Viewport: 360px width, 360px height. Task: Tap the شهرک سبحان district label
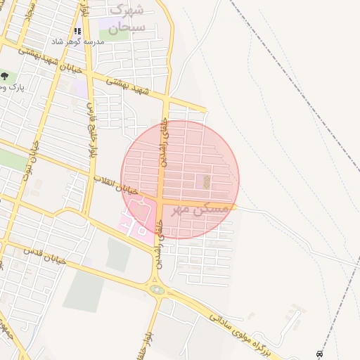[x=128, y=19]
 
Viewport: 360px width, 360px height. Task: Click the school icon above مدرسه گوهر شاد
[x=77, y=32]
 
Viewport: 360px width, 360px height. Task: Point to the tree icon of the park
[x=5, y=75]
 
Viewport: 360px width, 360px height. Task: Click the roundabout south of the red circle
[x=157, y=289]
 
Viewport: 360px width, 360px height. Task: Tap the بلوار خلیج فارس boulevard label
[x=91, y=131]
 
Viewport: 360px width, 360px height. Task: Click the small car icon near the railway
[x=320, y=352]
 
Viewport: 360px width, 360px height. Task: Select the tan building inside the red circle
[x=206, y=181]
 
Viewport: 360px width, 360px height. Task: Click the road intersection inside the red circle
[x=161, y=204]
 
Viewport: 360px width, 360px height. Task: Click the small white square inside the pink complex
[x=141, y=230]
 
